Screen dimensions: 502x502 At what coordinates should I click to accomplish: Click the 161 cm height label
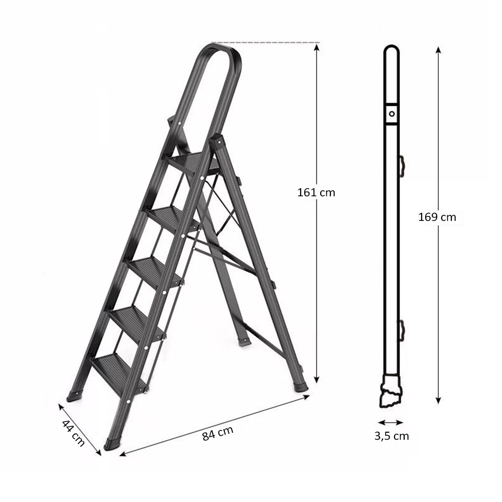(316, 192)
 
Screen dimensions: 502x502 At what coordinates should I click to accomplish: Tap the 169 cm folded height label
(437, 217)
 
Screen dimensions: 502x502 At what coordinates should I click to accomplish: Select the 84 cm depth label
(218, 434)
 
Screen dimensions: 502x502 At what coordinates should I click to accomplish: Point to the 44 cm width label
(73, 433)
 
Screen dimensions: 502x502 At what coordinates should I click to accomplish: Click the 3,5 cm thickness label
(392, 436)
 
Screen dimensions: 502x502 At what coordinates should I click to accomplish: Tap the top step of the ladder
(192, 163)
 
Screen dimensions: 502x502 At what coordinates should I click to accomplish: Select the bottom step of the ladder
(119, 373)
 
